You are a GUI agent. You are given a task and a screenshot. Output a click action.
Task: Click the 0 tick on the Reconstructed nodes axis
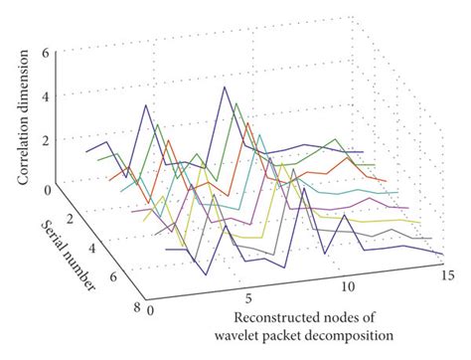pyautogui.click(x=149, y=310)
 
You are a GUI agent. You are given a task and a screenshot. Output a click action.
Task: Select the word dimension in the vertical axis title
pyautogui.click(x=24, y=71)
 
